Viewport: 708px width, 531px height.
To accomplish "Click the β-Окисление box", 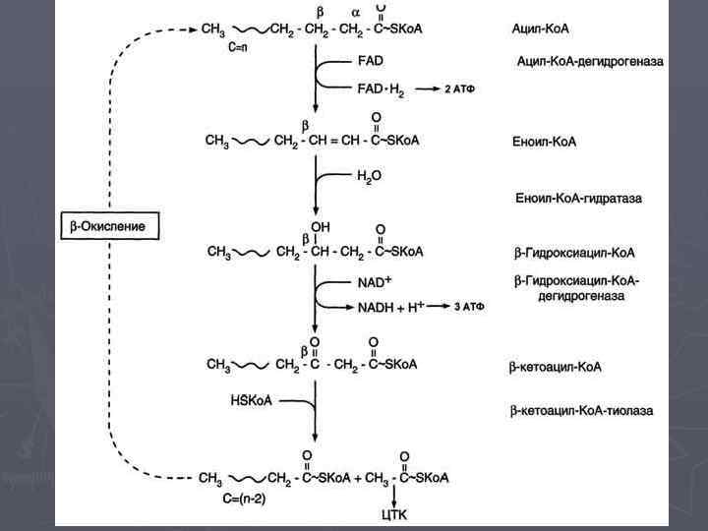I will [x=110, y=226].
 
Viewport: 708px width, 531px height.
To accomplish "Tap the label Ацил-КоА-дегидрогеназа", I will [x=589, y=61].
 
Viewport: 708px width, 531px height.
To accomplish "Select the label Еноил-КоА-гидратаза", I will [x=578, y=199].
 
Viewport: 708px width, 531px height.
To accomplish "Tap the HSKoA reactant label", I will [x=251, y=400].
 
